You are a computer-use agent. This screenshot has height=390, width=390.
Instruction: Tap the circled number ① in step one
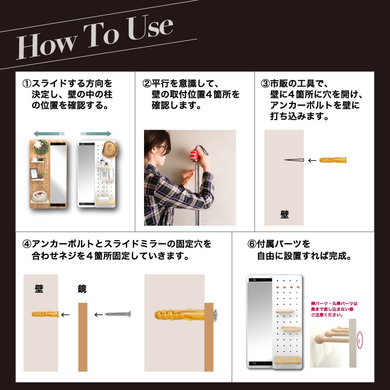[x=27, y=84]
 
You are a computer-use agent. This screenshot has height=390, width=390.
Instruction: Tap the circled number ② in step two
[x=147, y=84]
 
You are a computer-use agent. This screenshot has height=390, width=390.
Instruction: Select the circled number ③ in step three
[x=265, y=84]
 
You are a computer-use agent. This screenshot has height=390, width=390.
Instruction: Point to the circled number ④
[x=27, y=244]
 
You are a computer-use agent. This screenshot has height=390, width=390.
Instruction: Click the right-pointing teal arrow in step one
[x=96, y=134]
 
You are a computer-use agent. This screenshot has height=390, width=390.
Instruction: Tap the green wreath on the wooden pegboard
[x=42, y=147]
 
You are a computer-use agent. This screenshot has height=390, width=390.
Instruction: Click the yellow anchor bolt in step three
[x=333, y=160]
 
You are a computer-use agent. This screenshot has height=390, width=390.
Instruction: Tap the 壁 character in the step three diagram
[x=284, y=214]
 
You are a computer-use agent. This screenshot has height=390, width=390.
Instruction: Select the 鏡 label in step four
[x=82, y=288]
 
